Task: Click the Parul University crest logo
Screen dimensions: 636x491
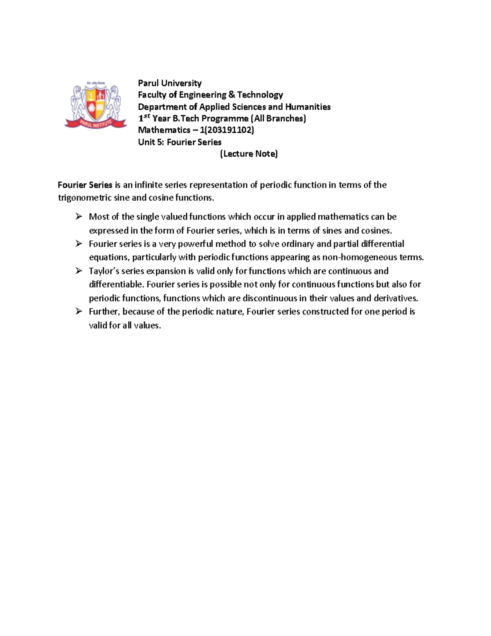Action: click(x=96, y=105)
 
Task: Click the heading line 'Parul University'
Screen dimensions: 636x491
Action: click(x=169, y=83)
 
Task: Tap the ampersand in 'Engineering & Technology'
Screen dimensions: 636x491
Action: click(x=232, y=95)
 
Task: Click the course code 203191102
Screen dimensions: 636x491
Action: click(x=231, y=130)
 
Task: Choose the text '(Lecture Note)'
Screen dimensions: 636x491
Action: click(x=249, y=154)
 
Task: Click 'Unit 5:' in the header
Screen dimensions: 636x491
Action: click(x=149, y=142)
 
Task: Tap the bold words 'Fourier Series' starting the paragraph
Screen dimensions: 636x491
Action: click(x=85, y=185)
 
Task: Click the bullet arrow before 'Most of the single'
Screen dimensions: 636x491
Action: click(x=79, y=216)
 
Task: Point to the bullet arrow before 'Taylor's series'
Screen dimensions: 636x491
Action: click(x=79, y=271)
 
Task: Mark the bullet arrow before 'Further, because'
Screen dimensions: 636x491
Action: click(x=79, y=311)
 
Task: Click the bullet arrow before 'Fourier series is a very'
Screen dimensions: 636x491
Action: click(x=79, y=244)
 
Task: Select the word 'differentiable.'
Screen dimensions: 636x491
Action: click(x=116, y=285)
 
